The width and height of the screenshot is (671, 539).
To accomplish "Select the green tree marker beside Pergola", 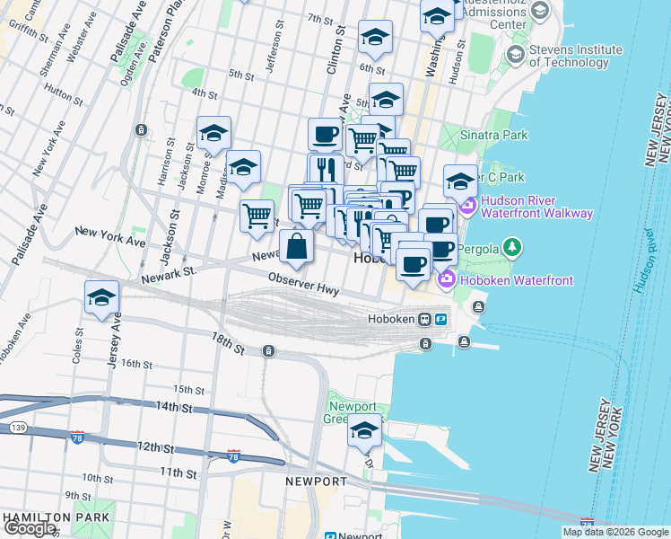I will pyautogui.click(x=511, y=245).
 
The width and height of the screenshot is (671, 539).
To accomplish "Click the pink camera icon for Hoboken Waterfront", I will pyautogui.click(x=445, y=281).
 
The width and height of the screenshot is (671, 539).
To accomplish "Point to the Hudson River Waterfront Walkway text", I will pyautogui.click(x=536, y=207).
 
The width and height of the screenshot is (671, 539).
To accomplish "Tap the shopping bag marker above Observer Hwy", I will pyautogui.click(x=296, y=244).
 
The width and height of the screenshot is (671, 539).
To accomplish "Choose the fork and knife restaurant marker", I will pyautogui.click(x=326, y=168).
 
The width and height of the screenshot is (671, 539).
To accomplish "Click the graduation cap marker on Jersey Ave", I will pyautogui.click(x=102, y=297).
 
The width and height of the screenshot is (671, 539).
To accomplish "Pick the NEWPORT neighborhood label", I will pyautogui.click(x=316, y=482).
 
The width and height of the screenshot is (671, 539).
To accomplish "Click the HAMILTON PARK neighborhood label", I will pyautogui.click(x=56, y=517).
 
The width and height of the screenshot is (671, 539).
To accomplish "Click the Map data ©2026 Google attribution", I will pyautogui.click(x=615, y=532).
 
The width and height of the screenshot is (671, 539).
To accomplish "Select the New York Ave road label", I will pyautogui.click(x=110, y=236).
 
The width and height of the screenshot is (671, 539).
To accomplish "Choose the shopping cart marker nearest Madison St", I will pyautogui.click(x=257, y=216).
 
